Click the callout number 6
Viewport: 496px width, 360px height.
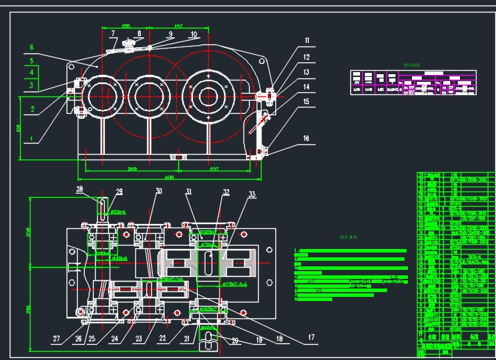[x=31, y=47]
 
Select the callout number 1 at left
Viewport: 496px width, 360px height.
[x=31, y=138]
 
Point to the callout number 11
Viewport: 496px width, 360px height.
[x=307, y=41]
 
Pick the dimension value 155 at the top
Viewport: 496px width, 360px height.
[x=126, y=26]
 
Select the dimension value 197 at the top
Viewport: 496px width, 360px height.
[x=178, y=26]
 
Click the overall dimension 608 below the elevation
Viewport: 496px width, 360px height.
[x=169, y=177]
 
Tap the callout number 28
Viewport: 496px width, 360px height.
[x=79, y=189]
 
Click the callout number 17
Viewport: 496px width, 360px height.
[x=310, y=338]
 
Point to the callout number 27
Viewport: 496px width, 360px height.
[x=56, y=339]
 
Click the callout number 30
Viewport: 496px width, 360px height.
[x=159, y=191]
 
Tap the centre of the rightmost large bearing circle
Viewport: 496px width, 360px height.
[x=210, y=92]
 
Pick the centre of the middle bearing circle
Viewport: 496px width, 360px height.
[x=146, y=92]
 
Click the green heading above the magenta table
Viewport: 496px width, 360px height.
[x=413, y=66]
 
